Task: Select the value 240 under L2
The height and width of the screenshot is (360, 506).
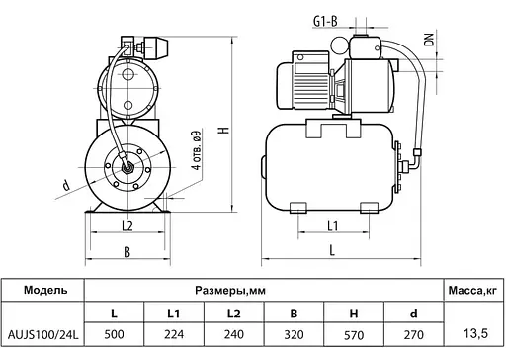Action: (x=235, y=336)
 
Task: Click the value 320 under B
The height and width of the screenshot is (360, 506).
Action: (x=294, y=336)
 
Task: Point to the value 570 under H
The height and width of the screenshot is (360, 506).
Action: (x=352, y=336)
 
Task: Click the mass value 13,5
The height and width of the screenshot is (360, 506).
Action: (x=475, y=325)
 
